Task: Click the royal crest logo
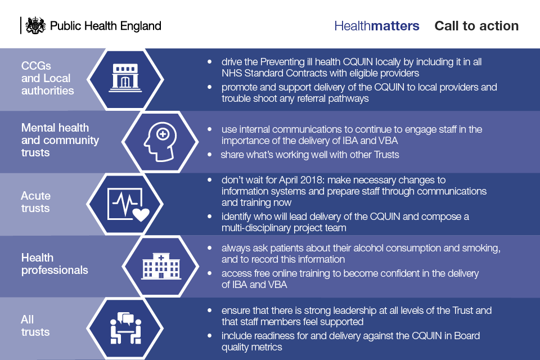coord(35,25)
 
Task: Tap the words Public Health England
coord(105,26)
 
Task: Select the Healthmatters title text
coord(377,26)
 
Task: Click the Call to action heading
coord(476,26)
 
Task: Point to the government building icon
coord(125,78)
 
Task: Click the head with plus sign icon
coord(160,142)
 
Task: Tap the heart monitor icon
coord(128,204)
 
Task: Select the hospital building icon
coord(161,266)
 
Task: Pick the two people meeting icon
coord(125,328)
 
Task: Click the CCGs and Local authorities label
coord(47,78)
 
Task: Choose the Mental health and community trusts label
coord(60,140)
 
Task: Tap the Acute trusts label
coord(35,202)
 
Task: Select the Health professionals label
coord(55,264)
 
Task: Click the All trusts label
coord(35,326)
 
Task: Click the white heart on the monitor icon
coord(141,214)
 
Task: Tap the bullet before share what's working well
coord(209,155)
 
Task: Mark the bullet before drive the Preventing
coord(209,62)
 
